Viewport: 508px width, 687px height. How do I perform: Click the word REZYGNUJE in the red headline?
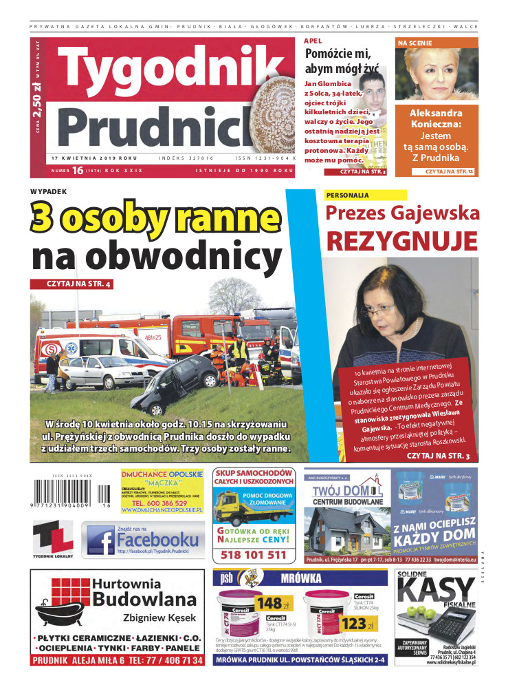(x=401, y=241)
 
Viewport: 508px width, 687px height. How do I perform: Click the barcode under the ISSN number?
(x=68, y=494)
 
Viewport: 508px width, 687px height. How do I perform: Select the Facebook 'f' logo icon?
(x=100, y=540)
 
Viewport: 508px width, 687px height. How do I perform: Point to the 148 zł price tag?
(x=270, y=603)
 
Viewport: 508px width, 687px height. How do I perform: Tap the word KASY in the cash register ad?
(x=436, y=591)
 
